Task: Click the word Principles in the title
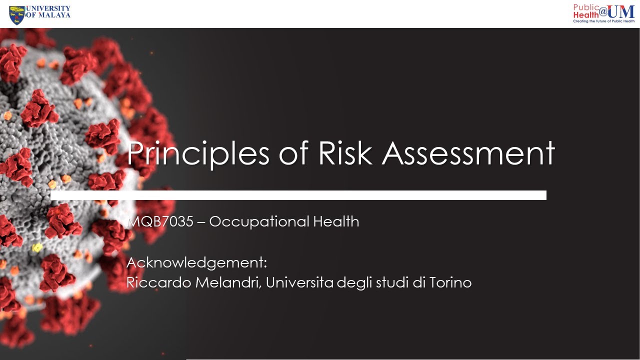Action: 198,154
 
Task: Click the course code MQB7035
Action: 160,221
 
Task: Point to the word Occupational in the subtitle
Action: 258,221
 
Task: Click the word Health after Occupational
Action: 336,221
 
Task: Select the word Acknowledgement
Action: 196,262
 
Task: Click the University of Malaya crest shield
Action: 16,15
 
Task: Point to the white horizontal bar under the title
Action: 298,195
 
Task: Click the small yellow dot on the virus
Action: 36,247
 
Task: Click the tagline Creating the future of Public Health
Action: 603,21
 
